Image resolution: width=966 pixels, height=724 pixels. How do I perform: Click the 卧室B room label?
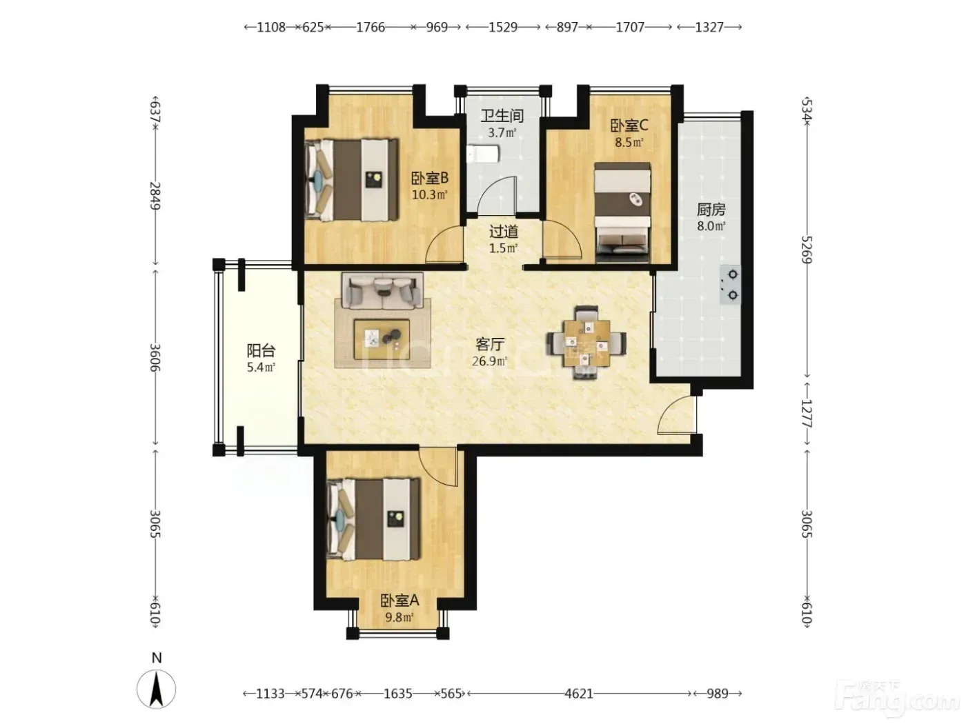pos(430,178)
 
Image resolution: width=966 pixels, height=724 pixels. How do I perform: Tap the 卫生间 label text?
pos(502,116)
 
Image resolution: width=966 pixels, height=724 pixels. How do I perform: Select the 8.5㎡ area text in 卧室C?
pos(629,143)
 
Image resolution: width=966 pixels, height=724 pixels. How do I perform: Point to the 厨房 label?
pos(711,210)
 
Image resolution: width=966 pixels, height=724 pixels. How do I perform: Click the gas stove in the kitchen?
pos(730,285)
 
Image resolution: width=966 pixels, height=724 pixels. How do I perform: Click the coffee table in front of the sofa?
pos(382,339)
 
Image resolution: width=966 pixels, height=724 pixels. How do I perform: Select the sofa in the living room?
pos(382,290)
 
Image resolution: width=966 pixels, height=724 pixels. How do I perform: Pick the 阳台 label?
pos(261,350)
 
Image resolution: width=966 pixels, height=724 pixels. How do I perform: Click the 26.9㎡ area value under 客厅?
pos(490,361)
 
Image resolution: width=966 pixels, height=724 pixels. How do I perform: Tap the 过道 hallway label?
pos(504,231)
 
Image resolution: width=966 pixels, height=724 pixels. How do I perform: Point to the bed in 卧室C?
pos(622,213)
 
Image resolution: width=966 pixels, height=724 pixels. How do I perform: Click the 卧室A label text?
pos(400,601)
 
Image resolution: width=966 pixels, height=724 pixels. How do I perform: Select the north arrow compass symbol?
pos(156,690)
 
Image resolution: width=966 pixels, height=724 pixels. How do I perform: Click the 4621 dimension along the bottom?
pos(579,694)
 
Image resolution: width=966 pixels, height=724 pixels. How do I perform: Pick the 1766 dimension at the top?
pos(371,28)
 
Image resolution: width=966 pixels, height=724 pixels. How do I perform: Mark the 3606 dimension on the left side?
pos(155,357)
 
